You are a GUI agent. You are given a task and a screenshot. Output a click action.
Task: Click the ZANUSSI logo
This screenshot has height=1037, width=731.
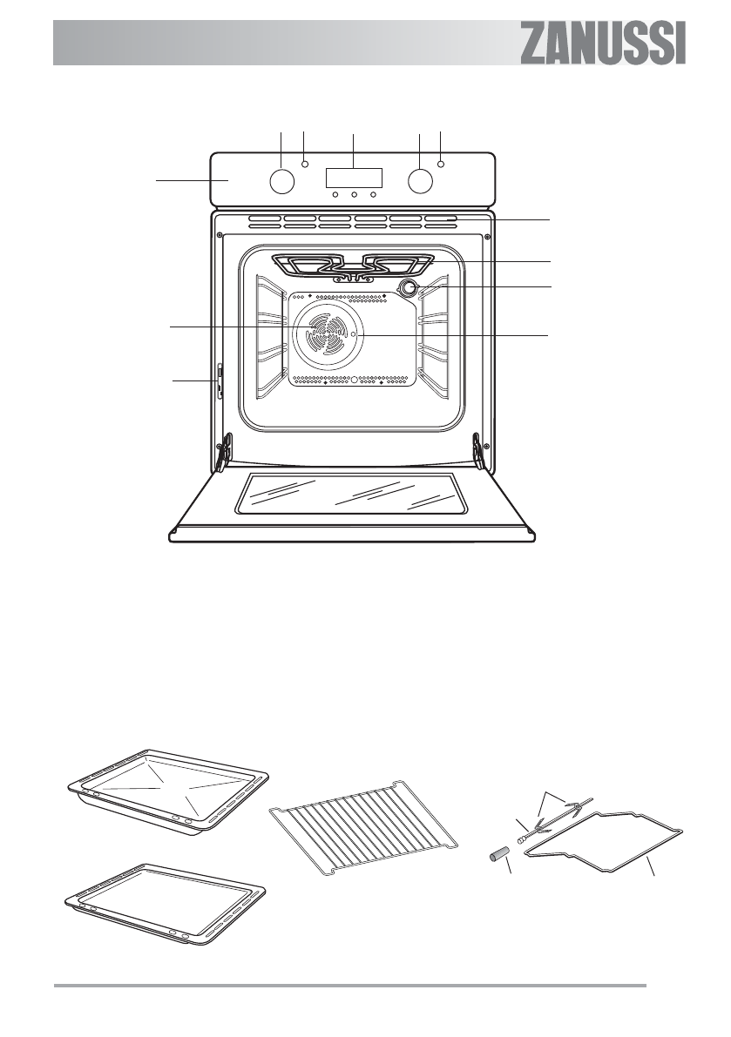tap(603, 43)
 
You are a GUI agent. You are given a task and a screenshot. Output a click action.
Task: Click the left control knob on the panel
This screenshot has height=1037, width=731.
tap(281, 180)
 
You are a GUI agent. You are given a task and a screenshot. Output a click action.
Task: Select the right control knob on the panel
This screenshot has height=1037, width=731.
tap(421, 180)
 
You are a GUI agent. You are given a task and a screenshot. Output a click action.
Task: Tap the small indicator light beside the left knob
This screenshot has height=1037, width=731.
tap(305, 163)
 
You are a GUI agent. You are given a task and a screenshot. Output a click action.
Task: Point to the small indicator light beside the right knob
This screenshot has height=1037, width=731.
tap(442, 163)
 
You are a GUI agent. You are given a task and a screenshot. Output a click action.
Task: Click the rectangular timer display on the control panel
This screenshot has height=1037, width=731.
tap(354, 177)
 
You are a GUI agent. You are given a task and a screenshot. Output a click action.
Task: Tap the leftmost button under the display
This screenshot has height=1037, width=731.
tap(335, 193)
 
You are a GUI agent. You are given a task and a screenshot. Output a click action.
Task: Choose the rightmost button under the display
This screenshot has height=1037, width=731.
tap(373, 193)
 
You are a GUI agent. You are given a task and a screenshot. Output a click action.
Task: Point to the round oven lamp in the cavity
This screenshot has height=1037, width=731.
tap(408, 288)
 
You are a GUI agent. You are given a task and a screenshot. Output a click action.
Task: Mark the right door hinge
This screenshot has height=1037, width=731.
tap(478, 448)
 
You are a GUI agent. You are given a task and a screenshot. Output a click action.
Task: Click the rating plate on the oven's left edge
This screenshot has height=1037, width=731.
tap(219, 380)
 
